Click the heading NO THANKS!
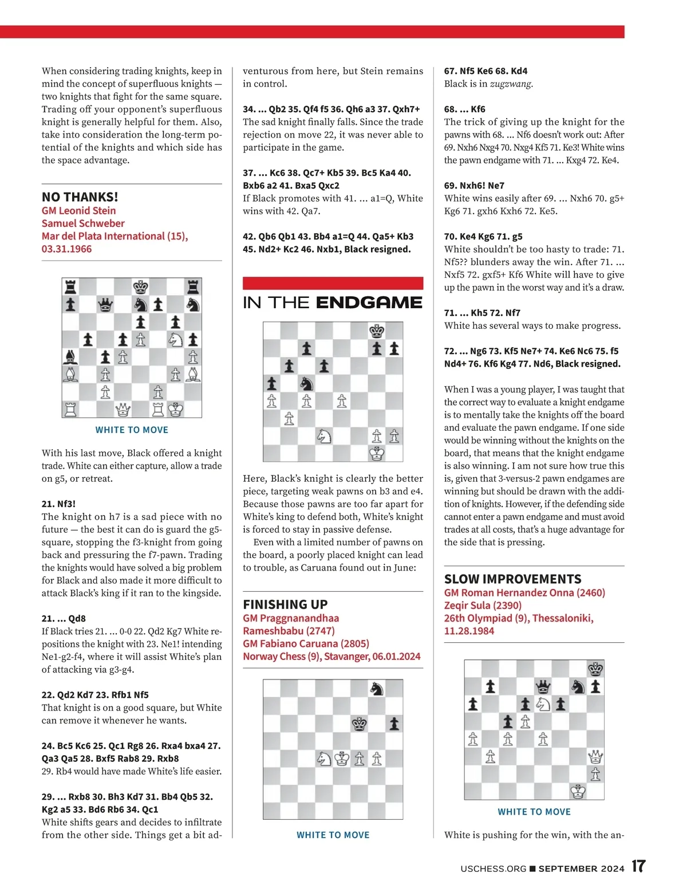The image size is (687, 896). [80, 197]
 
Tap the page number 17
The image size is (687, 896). [638, 866]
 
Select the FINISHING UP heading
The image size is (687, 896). [285, 604]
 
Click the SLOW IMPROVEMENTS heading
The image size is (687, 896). [512, 579]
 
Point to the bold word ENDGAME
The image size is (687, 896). [369, 302]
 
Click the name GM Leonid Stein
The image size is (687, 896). [78, 210]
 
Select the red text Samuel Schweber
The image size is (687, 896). [82, 223]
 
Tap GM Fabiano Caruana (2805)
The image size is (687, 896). [306, 643]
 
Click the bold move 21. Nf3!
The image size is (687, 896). [58, 504]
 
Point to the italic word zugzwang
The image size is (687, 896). [511, 84]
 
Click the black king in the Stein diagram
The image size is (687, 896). [140, 287]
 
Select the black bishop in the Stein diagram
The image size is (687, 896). [70, 357]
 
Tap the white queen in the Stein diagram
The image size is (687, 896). [123, 410]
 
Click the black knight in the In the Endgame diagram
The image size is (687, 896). [307, 383]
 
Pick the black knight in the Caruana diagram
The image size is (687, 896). [377, 689]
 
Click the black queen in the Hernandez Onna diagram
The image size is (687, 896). [542, 686]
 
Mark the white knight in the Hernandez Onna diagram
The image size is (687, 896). [543, 704]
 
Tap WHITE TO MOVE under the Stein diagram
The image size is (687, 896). [132, 430]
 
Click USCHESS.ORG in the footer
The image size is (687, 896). [493, 869]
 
